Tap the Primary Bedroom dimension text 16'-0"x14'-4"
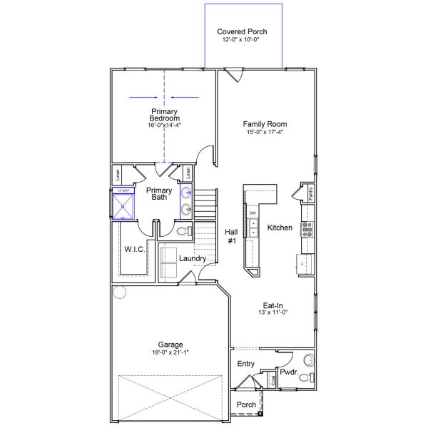coord(164,125)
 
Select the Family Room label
coord(265,123)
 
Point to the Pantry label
coord(312,193)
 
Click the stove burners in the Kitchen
coord(308,228)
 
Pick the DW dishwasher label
coord(253,213)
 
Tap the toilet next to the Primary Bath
coord(183,231)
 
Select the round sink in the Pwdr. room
coord(308,360)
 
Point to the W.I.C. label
coord(135,249)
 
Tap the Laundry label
coord(193,258)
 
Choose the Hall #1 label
coord(231,236)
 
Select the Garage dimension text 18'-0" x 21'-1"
coord(170,352)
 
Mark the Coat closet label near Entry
coord(274,381)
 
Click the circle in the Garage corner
coord(119,292)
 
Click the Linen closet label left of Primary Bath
coord(116,175)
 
